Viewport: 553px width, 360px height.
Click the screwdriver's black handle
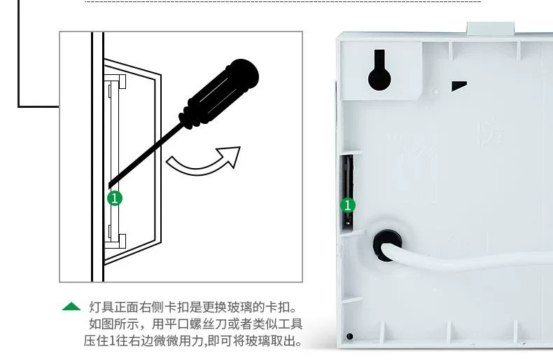tap(219, 94)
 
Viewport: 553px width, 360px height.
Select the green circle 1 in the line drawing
tap(115, 198)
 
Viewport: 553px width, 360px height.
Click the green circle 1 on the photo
tap(348, 205)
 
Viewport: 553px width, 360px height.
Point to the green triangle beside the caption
tap(71, 306)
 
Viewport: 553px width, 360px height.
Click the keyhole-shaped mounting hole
tap(379, 70)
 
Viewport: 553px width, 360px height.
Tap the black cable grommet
tap(386, 245)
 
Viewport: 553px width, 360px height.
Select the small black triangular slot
tap(459, 85)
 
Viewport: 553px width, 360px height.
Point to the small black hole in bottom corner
tap(349, 336)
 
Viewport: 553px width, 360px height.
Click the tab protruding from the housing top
tap(491, 28)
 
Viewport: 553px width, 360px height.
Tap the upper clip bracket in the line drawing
tap(115, 82)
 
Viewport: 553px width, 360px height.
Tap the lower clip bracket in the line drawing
tap(115, 241)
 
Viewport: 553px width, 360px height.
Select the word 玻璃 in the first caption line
tap(240, 307)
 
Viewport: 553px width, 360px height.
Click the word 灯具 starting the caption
tap(101, 307)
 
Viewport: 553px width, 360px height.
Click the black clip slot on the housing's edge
tap(346, 193)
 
